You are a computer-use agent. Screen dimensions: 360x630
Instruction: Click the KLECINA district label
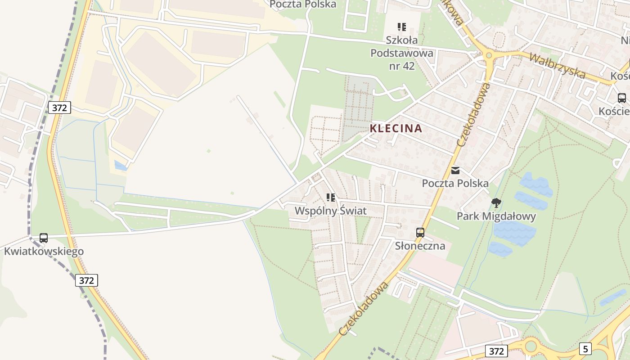tap(396, 128)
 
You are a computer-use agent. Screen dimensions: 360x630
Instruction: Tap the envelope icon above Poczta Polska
tap(455, 171)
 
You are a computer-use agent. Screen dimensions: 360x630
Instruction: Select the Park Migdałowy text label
tap(496, 216)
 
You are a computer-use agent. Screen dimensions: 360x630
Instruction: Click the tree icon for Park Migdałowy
tap(496, 203)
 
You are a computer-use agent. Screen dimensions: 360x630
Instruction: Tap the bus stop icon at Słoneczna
tap(420, 233)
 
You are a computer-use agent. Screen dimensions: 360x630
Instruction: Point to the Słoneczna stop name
tap(420, 246)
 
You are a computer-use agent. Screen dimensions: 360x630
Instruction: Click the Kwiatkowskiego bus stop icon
tap(44, 238)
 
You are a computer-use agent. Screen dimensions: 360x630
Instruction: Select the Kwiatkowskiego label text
tap(44, 251)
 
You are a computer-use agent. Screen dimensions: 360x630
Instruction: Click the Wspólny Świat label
tap(330, 211)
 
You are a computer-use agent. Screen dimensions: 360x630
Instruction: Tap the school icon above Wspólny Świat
tap(331, 198)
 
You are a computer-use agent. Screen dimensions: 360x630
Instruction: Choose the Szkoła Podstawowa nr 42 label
tap(401, 53)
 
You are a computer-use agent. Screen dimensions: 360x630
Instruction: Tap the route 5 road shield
tap(585, 348)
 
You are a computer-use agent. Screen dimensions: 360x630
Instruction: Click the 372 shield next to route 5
tap(496, 351)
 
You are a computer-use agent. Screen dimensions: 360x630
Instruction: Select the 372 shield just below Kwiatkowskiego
tap(86, 280)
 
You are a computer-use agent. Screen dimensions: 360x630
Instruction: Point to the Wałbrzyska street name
tap(557, 66)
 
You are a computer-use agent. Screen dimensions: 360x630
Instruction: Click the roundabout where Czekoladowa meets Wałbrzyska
tap(489, 55)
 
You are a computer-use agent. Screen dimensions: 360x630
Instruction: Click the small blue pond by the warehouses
tap(120, 166)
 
